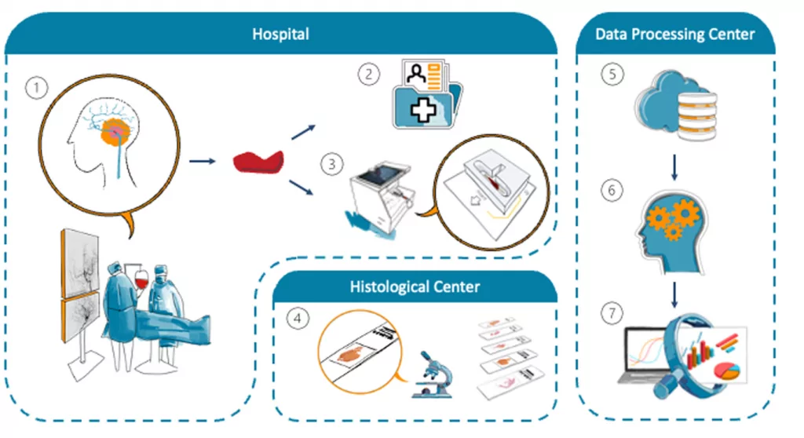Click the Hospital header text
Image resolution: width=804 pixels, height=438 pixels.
[x=280, y=34]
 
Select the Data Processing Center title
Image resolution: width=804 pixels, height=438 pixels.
[x=674, y=35]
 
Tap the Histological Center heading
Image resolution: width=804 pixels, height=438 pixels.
[x=415, y=287]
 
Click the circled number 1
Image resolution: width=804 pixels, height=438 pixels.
[x=36, y=88]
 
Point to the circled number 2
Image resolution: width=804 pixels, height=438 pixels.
[x=369, y=75]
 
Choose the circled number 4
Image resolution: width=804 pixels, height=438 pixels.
[x=298, y=319]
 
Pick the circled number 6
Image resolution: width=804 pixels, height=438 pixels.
[x=612, y=191]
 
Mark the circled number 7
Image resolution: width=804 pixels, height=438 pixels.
[x=612, y=313]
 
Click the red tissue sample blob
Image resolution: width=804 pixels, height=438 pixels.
[x=258, y=162]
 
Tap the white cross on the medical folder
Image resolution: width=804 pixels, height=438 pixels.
[x=422, y=109]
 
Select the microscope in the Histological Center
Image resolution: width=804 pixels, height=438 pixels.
[x=432, y=374]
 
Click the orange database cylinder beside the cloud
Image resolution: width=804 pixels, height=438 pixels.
[x=697, y=116]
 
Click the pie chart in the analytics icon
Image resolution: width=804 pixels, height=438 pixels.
[x=729, y=370]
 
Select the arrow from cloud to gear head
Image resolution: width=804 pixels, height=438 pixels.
[x=674, y=167]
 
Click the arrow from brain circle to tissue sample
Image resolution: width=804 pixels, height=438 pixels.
[x=203, y=161]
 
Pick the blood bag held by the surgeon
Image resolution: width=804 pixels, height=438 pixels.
[x=141, y=280]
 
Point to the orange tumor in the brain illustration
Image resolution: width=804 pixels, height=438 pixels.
[x=115, y=132]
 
